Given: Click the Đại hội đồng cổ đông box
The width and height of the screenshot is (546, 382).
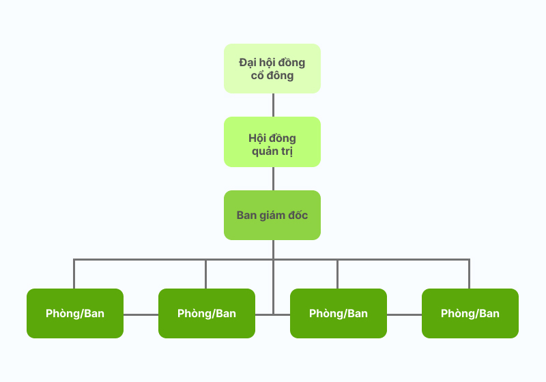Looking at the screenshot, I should coord(272,68).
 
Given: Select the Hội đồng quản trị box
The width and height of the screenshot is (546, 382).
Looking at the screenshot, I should coord(272,141).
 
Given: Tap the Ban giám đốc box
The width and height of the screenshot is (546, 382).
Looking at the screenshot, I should coord(272,215).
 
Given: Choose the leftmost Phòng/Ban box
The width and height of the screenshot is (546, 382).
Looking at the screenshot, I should coord(75,313).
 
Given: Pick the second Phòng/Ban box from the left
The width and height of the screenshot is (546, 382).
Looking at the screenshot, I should coord(207,313).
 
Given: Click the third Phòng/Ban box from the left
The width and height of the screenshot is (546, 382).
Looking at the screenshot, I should coord(339,313).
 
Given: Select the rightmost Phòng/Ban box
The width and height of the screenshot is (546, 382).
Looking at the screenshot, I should coord(470,313).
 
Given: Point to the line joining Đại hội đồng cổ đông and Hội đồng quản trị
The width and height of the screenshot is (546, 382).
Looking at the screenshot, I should coord(273,105).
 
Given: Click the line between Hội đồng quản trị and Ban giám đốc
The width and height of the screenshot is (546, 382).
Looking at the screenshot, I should coord(273,179).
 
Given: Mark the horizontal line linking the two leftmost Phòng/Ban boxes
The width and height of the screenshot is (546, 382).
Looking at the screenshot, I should coord(141,314).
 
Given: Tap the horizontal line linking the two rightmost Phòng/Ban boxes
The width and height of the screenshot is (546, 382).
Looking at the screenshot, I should coord(404,314).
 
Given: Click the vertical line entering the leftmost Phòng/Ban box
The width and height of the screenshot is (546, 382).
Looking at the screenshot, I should coord(74,274).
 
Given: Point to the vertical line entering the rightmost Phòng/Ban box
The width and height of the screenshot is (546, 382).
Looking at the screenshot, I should coord(469,274).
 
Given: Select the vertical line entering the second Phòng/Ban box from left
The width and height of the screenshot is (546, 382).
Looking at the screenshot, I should coord(205,274).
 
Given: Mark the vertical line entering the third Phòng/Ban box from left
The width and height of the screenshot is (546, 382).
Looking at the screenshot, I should coord(337,274).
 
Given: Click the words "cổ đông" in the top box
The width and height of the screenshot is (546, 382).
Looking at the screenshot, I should coord(272,76).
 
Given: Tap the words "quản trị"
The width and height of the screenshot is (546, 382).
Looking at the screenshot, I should coord(272,151).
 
